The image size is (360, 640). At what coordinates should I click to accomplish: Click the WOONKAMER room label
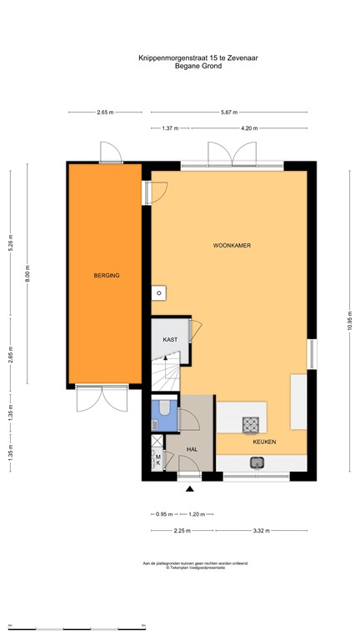click(x=232, y=246)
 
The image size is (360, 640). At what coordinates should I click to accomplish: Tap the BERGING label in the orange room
click(x=106, y=274)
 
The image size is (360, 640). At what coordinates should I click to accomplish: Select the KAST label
click(x=170, y=340)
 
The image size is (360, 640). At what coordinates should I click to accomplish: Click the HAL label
click(x=192, y=449)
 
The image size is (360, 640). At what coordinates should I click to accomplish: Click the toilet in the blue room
click(x=164, y=407)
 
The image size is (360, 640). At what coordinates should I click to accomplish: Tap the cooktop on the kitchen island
click(x=251, y=425)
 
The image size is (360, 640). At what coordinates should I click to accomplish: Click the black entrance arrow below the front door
click(x=190, y=489)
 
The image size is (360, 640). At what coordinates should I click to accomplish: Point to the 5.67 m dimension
click(x=229, y=112)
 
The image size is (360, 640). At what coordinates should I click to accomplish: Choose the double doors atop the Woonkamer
click(x=230, y=153)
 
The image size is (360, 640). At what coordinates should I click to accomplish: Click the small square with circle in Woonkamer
click(x=157, y=292)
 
